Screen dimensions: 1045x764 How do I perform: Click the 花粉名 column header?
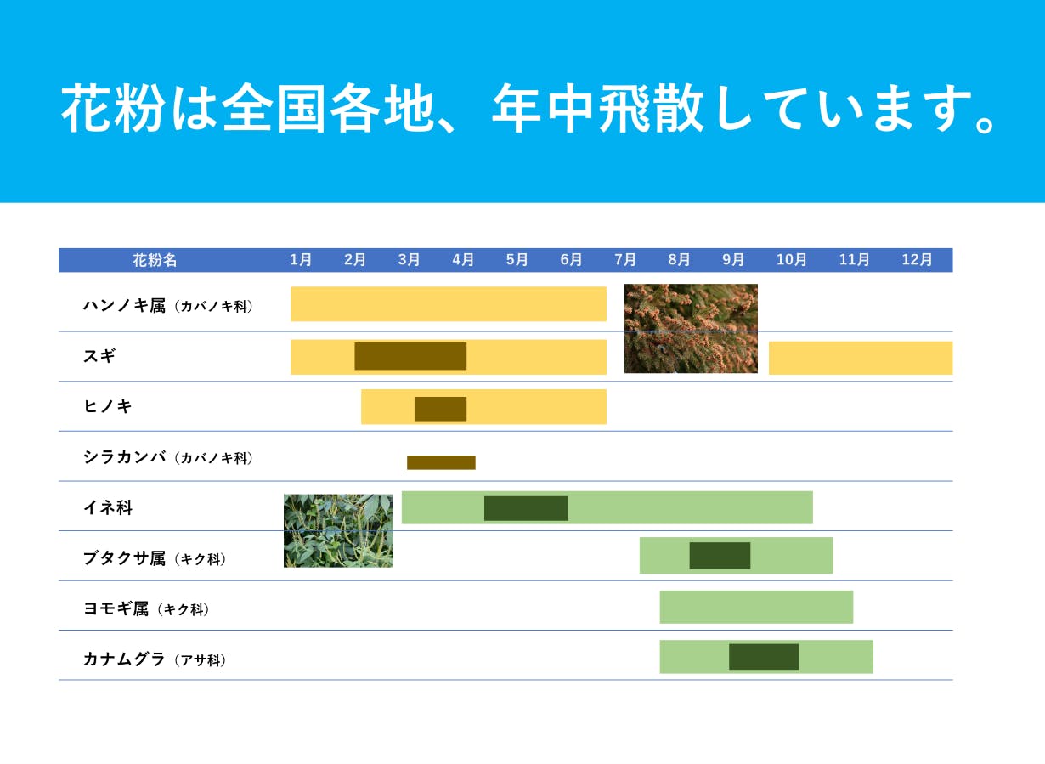pos(155,260)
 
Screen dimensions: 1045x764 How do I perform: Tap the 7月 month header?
pos(625,259)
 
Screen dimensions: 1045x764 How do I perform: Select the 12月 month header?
pos(917,259)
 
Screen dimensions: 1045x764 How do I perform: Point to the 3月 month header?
pos(410,259)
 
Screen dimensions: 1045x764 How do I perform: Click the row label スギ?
pos(99,356)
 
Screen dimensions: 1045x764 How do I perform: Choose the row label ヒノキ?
pos(108,406)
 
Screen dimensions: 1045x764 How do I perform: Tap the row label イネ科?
pos(108,507)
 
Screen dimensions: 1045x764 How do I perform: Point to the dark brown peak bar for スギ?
pos(410,356)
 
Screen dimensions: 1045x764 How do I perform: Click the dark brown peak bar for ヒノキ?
pos(440,409)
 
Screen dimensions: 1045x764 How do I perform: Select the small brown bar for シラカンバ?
pos(441,462)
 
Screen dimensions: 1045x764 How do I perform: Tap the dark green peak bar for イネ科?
pos(526,508)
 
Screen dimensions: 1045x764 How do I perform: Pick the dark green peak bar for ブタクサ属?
pos(720,556)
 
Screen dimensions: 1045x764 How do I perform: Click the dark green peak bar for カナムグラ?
pos(764,657)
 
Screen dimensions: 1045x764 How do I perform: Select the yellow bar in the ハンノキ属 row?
pos(449,304)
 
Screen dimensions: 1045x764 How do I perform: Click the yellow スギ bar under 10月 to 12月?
pos(861,358)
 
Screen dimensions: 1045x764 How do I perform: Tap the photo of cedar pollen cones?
pos(691,329)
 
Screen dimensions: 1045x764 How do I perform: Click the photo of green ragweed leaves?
pos(338,531)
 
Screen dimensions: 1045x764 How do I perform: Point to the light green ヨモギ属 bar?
pos(756,607)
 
